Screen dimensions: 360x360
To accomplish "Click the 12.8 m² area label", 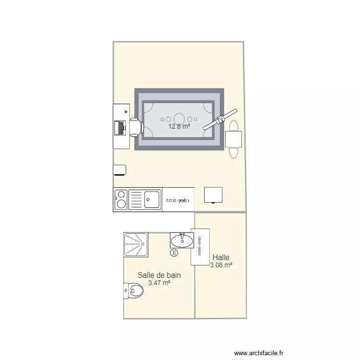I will (179, 127).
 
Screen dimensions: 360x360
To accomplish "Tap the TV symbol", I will (220, 120).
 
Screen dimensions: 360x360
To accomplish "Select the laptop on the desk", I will (119, 127).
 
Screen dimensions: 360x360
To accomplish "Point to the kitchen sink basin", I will (153, 198).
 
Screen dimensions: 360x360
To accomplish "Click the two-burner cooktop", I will (121, 200).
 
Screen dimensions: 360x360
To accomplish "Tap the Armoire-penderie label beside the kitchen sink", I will (178, 200).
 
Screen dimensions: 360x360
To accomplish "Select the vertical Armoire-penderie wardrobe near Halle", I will (200, 245).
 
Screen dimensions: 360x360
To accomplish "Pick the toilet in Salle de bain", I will (134, 291).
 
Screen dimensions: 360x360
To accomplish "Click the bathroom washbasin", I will (181, 240).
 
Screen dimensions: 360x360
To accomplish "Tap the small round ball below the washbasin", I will (174, 252).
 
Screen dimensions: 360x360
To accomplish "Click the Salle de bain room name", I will (159, 276).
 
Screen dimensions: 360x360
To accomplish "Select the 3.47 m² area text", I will (159, 283).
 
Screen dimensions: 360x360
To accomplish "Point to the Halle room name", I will (221, 258).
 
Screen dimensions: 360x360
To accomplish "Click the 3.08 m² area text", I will (221, 265).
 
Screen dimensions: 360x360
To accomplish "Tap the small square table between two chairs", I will (234, 139).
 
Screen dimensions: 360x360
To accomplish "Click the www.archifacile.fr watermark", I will (259, 353).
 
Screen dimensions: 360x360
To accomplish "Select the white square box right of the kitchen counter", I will (213, 195).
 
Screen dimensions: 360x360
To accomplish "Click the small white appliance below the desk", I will (120, 170).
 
